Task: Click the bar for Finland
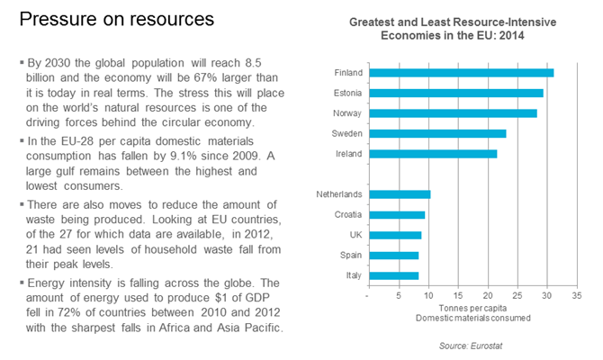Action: (x=461, y=73)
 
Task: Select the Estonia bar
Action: (x=455, y=93)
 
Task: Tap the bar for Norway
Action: (x=453, y=113)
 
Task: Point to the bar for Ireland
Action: (x=433, y=154)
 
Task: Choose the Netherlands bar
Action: (x=400, y=194)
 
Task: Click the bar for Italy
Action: (x=393, y=275)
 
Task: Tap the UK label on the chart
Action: (x=355, y=235)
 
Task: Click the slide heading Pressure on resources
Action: (x=118, y=20)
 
